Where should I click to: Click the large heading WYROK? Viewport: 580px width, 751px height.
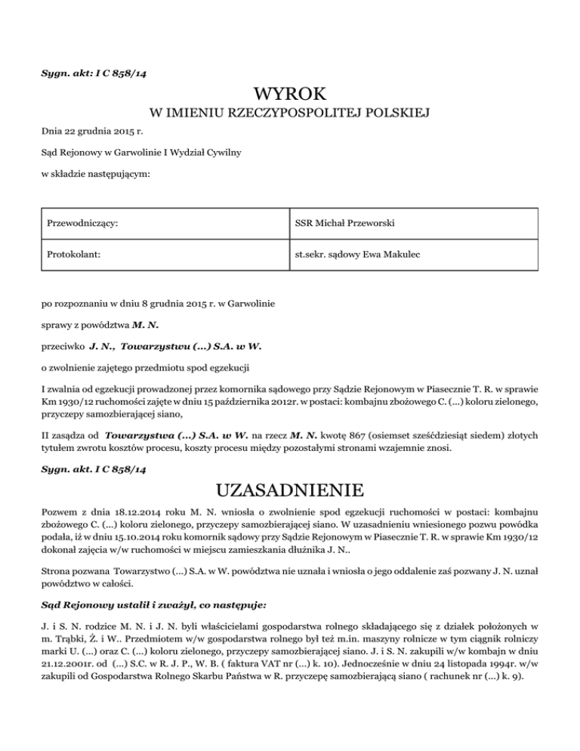click(x=290, y=94)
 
